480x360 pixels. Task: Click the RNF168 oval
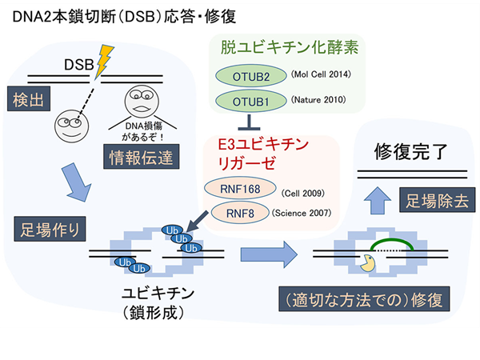[x=239, y=190]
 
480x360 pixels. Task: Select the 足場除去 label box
[x=434, y=198]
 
